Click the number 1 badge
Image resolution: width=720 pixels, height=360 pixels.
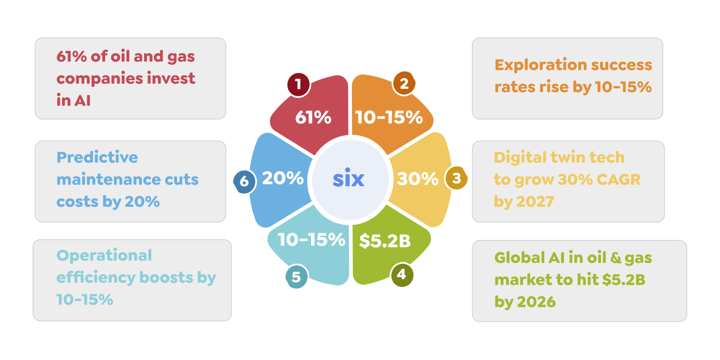point(299,84)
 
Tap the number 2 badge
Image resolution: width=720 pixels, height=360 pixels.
point(404,83)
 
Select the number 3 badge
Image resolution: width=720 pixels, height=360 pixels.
point(456,178)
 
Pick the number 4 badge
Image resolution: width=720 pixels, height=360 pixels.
point(402,275)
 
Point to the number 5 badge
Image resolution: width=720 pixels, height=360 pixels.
point(296,276)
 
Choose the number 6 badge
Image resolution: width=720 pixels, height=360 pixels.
point(245,182)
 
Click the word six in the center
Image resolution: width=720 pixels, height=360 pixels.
point(348,178)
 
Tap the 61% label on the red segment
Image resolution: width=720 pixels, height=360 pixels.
point(313,117)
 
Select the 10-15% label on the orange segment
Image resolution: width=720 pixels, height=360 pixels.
point(389,117)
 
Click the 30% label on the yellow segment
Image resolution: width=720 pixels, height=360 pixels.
point(418,179)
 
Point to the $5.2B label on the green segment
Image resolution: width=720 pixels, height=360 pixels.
point(385,241)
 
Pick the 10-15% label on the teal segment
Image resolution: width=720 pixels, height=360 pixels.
point(311,240)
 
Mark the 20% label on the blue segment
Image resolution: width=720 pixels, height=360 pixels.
point(283,178)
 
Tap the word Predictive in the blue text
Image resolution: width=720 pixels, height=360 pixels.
point(97,157)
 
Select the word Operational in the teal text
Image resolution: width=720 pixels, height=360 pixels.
point(104,256)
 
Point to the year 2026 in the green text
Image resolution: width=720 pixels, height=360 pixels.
point(537,302)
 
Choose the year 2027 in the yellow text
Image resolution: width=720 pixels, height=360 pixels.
point(535,202)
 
